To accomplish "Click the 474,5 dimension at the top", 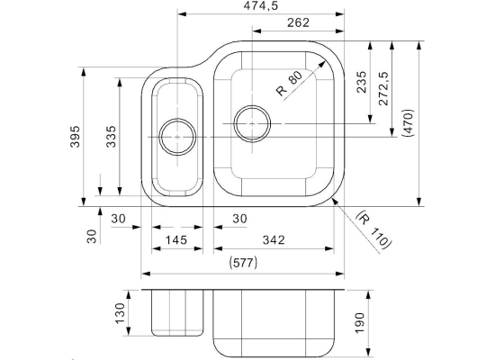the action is pos(261,5).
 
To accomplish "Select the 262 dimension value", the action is pos(298,22).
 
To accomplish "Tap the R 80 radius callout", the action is pos(289,83).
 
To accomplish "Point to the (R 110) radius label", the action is pos(374,229).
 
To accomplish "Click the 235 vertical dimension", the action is pos(362,82).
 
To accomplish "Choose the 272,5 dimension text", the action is pos(383,88).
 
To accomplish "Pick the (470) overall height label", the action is pos(408,122).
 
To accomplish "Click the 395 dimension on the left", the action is pos(75,137).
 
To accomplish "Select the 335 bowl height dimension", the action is pos(111,137).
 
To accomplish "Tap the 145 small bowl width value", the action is pos(176,240).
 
